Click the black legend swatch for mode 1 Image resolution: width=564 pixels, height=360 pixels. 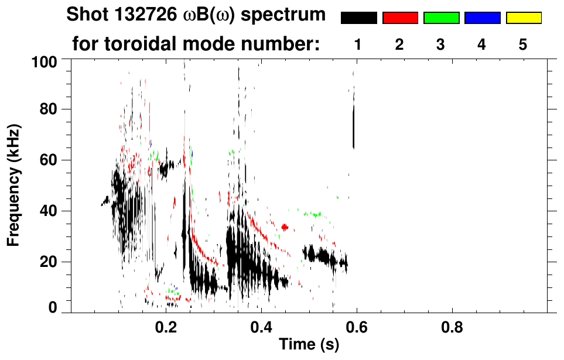click(358, 18)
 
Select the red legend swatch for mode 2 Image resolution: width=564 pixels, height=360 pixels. click(400, 18)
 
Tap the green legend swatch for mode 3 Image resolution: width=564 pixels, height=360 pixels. click(441, 18)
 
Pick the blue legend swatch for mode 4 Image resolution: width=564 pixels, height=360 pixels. click(482, 18)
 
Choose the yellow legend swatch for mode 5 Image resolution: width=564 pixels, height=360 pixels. click(524, 18)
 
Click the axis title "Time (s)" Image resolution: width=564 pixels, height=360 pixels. click(308, 344)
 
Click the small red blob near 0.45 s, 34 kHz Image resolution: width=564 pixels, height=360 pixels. click(285, 227)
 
